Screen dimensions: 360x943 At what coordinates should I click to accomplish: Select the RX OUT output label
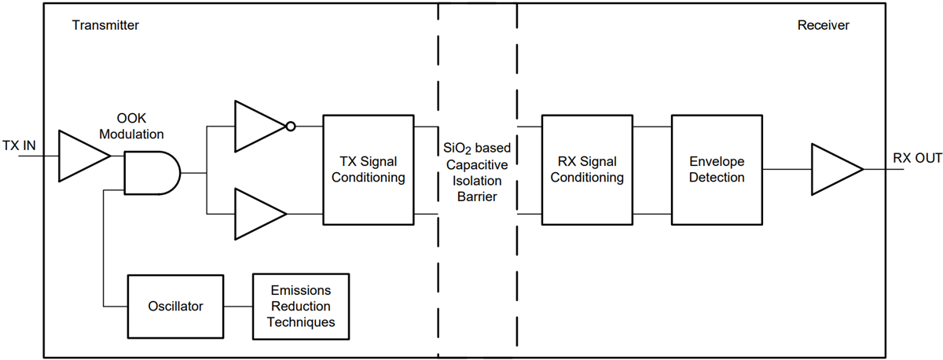(x=916, y=158)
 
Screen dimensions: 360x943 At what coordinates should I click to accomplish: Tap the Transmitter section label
(x=105, y=25)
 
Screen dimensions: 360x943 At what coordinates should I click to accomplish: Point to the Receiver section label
(x=823, y=25)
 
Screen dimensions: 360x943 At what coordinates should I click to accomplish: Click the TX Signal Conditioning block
(x=369, y=170)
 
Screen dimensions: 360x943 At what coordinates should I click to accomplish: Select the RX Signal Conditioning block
(x=587, y=170)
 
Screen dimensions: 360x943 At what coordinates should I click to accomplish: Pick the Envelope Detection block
(x=716, y=170)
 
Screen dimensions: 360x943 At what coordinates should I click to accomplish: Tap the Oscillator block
(x=175, y=305)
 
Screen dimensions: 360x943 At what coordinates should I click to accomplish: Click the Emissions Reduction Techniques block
(x=300, y=305)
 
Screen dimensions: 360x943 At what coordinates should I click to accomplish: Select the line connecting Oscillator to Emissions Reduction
(x=237, y=305)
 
